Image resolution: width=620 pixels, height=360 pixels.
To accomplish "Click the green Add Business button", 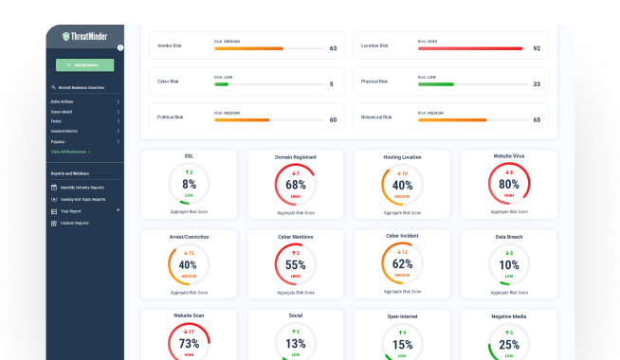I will [x=84, y=65].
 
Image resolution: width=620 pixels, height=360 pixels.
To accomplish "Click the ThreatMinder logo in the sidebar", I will [x=84, y=35].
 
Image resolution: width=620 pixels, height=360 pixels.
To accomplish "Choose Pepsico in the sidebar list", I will [x=58, y=141].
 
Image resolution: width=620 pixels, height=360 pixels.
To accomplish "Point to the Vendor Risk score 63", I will [x=333, y=47].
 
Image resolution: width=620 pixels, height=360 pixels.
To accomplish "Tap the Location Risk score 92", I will [x=537, y=47].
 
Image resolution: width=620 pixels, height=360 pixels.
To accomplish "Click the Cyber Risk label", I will [x=167, y=82].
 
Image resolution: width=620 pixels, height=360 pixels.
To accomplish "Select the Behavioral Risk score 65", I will [x=537, y=120].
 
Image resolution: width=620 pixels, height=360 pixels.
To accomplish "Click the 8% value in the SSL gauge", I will [x=189, y=185].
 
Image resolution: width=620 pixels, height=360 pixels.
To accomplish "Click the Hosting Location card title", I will [x=402, y=155].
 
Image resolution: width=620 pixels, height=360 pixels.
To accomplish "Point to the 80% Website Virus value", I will [x=509, y=185].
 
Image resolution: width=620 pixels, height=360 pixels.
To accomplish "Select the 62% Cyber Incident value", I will [x=402, y=264].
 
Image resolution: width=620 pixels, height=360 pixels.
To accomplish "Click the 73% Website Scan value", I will [x=189, y=343].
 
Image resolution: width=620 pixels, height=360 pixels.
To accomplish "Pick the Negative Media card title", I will [x=509, y=315].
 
